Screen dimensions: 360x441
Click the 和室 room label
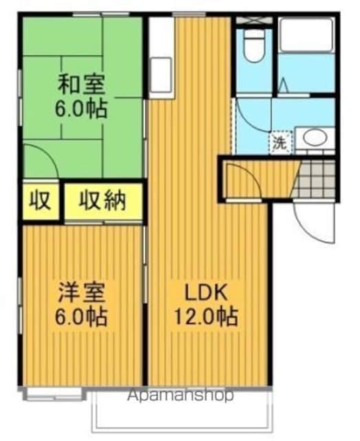tap(81, 84)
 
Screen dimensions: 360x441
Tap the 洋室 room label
tap(81, 293)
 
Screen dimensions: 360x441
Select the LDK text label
tap(205, 293)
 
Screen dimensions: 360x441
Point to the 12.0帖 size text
tap(207, 316)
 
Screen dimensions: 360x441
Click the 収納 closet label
tap(103, 201)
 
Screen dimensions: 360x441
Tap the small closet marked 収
tap(41, 201)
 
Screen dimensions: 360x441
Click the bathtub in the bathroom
tap(307, 35)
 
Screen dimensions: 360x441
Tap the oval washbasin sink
tap(315, 138)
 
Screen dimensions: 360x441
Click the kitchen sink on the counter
tap(161, 75)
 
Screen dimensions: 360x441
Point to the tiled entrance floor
tap(315, 179)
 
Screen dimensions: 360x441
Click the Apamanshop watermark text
tap(180, 396)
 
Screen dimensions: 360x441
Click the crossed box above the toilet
tap(254, 21)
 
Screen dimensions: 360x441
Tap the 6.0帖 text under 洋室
tap(81, 316)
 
